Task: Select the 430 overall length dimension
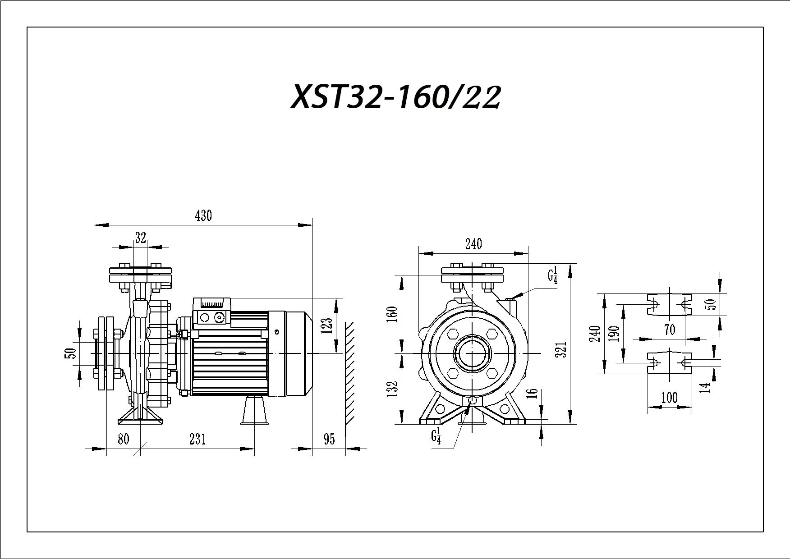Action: click(203, 216)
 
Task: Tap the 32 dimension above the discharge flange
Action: click(141, 238)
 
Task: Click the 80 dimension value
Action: click(124, 439)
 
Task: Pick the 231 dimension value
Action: click(197, 439)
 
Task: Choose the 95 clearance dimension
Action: click(330, 439)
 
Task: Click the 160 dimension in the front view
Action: click(393, 314)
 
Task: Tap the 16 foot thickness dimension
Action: click(533, 393)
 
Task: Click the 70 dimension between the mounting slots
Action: click(670, 330)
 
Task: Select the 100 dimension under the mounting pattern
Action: click(669, 398)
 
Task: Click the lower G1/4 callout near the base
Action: click(435, 437)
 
